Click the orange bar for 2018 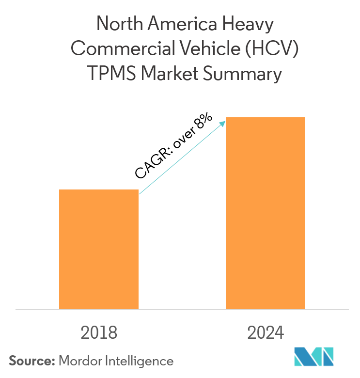(99, 249)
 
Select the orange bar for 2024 (266, 213)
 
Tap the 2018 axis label (99, 333)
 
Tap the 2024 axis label (266, 333)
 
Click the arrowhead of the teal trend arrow (223, 122)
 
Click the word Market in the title (170, 75)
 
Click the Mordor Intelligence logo (314, 357)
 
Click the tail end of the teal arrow (141, 194)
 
